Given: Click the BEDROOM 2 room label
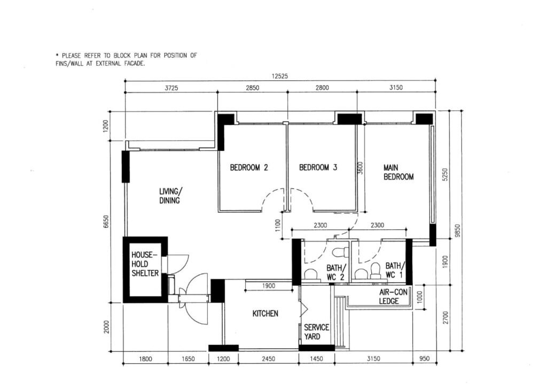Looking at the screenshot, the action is (x=249, y=167).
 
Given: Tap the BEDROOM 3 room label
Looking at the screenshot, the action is (x=318, y=167).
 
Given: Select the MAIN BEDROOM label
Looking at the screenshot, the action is (x=398, y=172).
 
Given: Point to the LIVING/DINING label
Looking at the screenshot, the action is (x=170, y=196).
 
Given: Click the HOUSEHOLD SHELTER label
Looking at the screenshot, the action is (x=145, y=264).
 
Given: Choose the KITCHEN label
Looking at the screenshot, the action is (x=265, y=314).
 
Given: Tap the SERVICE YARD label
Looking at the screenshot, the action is (x=316, y=332).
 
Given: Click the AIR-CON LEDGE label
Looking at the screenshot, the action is (x=393, y=296).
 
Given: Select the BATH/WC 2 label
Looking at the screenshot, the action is (x=337, y=272).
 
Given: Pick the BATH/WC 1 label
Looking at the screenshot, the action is (x=395, y=270).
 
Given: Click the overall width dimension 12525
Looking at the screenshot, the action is (x=280, y=76).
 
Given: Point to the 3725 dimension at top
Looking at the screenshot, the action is (x=171, y=88).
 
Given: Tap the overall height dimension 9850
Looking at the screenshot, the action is (x=458, y=231).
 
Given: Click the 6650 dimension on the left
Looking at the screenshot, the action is (x=106, y=222).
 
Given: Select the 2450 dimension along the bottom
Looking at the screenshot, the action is (x=268, y=358).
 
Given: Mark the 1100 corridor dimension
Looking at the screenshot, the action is (x=278, y=225).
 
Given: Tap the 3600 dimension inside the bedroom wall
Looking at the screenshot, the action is (x=361, y=167).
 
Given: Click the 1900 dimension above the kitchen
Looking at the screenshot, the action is (x=268, y=286).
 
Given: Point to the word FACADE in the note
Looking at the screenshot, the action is (x=134, y=63).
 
